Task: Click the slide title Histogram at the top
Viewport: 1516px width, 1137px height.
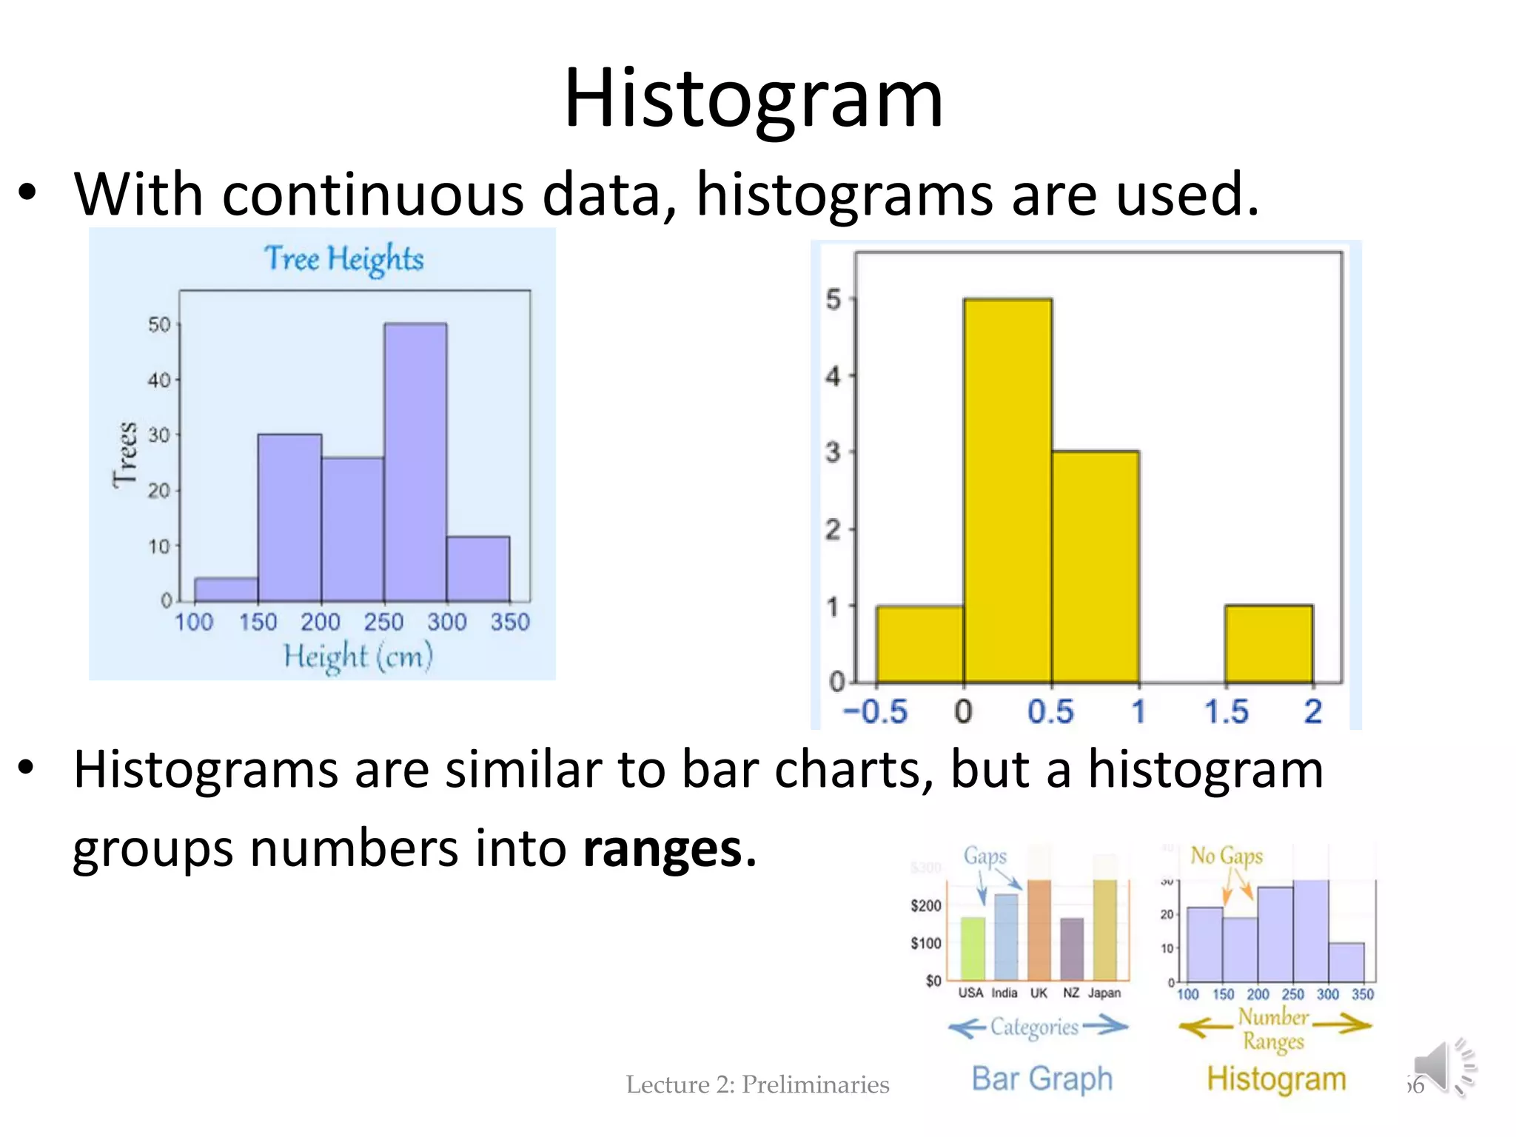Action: click(x=754, y=98)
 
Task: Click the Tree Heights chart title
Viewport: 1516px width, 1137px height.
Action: click(x=343, y=259)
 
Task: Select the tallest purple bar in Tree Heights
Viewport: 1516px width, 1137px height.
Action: click(x=415, y=462)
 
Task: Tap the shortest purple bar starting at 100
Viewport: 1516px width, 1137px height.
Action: click(x=226, y=589)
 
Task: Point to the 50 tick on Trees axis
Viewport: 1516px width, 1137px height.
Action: click(x=158, y=325)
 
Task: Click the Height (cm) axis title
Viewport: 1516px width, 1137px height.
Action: click(x=358, y=657)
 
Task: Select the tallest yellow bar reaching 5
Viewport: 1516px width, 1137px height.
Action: click(x=1007, y=490)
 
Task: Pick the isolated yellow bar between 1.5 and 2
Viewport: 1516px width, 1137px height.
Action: click(x=1269, y=643)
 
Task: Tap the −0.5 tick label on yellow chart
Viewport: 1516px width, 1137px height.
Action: click(x=875, y=711)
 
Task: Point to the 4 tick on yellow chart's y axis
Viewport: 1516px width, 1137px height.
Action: click(x=834, y=376)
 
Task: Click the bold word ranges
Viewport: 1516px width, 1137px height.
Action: click(x=663, y=848)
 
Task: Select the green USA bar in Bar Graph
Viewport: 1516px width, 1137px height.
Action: click(x=972, y=948)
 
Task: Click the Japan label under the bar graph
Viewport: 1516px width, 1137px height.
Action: click(x=1104, y=993)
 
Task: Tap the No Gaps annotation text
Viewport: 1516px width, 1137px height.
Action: click(x=1226, y=856)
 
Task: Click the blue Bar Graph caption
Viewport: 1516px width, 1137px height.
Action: click(x=1042, y=1079)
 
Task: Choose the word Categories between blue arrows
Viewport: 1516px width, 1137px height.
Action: click(x=1034, y=1027)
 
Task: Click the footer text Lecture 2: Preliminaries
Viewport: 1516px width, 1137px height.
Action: click(x=757, y=1084)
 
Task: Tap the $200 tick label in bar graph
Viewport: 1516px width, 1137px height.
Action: click(x=925, y=906)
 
